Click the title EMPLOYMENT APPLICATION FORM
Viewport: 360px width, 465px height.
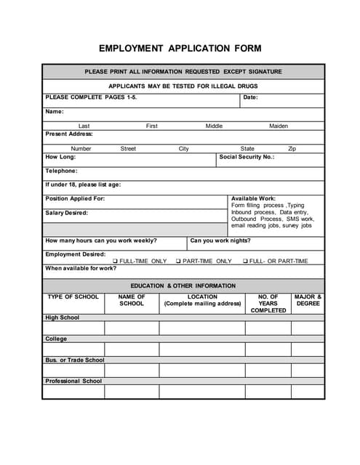coord(180,49)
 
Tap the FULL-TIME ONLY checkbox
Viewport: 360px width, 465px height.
coord(115,261)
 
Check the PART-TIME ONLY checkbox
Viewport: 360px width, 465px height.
coord(178,261)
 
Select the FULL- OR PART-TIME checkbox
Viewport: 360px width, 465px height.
coord(245,261)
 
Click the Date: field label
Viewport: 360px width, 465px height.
coord(250,97)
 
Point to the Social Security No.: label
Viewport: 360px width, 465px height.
coord(247,156)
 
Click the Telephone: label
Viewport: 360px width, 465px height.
coord(61,171)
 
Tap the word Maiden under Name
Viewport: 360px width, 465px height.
coord(279,126)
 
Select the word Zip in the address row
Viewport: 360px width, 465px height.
coord(292,148)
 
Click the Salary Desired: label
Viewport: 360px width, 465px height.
coord(66,213)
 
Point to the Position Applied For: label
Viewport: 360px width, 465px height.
coord(75,198)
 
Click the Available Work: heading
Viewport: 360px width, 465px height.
coord(253,198)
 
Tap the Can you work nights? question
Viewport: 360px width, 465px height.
coord(220,240)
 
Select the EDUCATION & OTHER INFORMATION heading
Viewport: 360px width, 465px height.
coord(183,286)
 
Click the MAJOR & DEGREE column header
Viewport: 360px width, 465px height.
coord(308,300)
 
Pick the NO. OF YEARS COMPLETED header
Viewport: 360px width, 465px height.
coord(268,304)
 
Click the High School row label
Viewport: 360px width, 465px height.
coord(63,318)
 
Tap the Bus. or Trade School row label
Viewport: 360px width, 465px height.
coord(75,360)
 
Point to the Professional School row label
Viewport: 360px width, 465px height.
coord(73,381)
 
